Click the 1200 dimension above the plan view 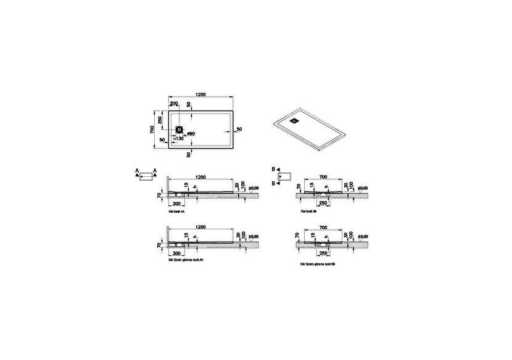200,94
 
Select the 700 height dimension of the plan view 151,130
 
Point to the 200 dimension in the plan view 174,104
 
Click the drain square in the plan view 180,130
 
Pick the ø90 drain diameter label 191,134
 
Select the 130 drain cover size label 178,139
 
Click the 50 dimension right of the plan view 239,129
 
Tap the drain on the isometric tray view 295,121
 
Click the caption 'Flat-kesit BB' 308,211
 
